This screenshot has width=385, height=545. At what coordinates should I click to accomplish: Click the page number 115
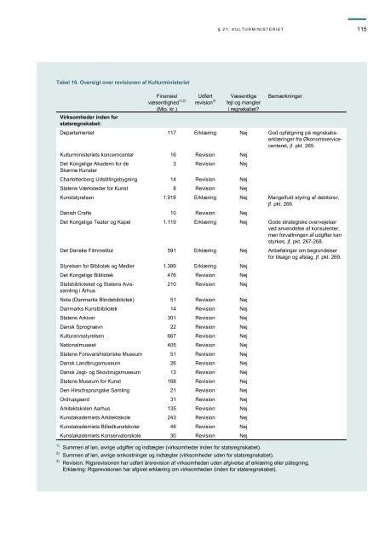pos(362,31)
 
